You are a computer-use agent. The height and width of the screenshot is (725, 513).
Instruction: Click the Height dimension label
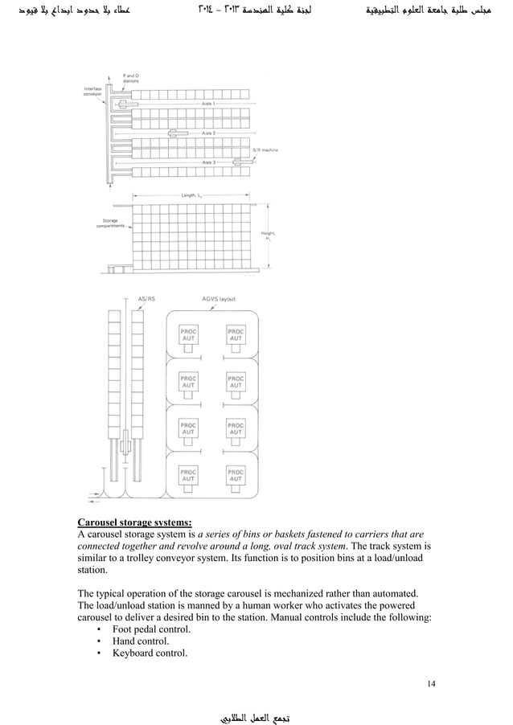click(266, 236)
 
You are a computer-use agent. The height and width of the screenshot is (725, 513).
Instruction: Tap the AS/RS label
click(147, 299)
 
